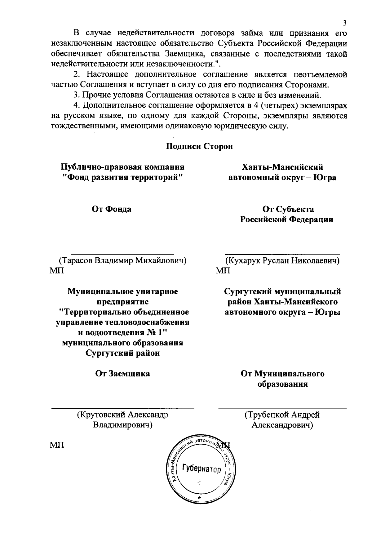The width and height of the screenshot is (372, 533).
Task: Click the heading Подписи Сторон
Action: click(199, 146)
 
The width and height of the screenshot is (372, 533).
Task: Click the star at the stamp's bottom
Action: click(200, 498)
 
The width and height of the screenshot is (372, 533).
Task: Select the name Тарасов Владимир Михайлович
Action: click(123, 260)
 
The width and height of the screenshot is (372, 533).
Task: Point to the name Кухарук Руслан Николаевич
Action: click(282, 260)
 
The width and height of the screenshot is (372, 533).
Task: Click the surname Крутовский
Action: click(101, 415)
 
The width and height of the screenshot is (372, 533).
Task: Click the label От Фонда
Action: click(112, 209)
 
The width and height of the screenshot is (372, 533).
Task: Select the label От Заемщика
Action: click(122, 374)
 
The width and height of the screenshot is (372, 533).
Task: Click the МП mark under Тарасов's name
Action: click(57, 271)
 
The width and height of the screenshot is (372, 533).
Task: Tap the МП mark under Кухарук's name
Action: click(223, 271)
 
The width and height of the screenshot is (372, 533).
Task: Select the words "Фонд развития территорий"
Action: click(122, 178)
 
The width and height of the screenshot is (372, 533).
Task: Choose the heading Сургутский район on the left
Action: click(122, 353)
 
